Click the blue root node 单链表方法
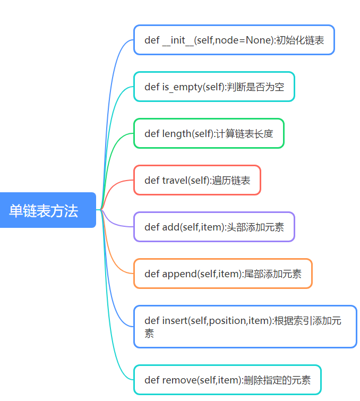[x=48, y=210]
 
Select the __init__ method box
[x=234, y=40]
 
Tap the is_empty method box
[x=213, y=87]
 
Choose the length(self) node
[x=209, y=133]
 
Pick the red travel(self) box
[x=197, y=180]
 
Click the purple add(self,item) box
[x=213, y=227]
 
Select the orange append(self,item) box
[x=222, y=274]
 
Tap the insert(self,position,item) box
[x=245, y=327]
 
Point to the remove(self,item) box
[x=227, y=380]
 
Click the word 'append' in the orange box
[x=179, y=274]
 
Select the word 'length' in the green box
[x=176, y=134]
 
